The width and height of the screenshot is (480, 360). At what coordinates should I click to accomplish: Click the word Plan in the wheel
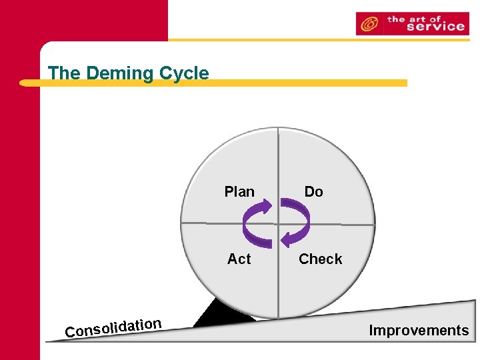239,192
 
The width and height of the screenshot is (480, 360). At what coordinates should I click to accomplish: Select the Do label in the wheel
313,192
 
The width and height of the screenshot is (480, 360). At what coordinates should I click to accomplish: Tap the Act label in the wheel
239,259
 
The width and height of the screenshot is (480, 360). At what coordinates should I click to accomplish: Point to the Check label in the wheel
320,259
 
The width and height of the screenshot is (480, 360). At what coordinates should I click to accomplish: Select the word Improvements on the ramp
419,331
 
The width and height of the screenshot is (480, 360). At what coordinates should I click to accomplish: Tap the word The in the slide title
63,73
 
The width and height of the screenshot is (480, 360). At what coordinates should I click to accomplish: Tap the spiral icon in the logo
368,25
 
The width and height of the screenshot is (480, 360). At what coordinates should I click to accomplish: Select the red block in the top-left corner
83,20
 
